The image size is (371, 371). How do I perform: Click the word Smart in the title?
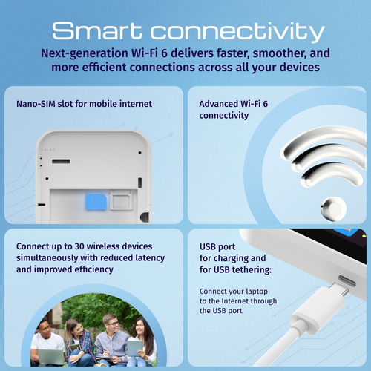click(97, 32)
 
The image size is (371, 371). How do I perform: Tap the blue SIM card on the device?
click(96, 201)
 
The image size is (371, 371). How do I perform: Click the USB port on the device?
click(349, 283)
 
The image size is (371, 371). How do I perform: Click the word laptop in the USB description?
click(263, 290)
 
